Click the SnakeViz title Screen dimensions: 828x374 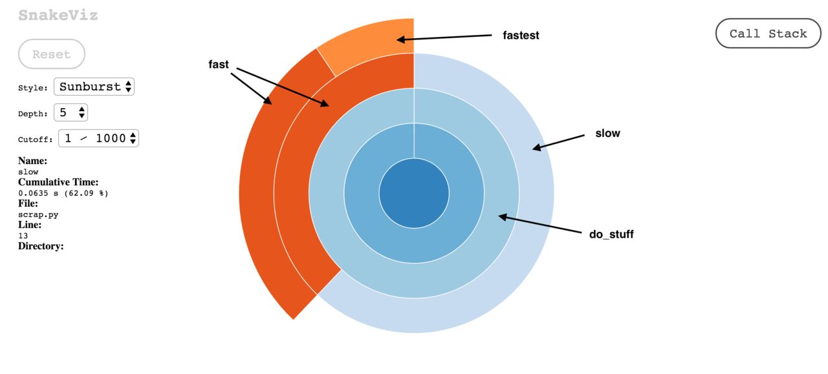pos(58,15)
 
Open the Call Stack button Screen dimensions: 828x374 pos(768,33)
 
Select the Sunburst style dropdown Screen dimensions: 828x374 pos(94,87)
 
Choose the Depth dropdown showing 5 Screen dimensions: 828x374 pos(71,112)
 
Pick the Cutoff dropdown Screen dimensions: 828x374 pos(98,138)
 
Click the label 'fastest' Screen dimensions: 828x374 pos(521,36)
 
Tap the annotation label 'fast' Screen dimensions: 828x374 pos(219,64)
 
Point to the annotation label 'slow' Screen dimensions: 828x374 pos(607,133)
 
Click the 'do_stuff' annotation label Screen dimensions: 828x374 pos(611,234)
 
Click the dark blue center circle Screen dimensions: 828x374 pos(414,193)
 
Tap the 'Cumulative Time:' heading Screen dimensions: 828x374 pos(58,182)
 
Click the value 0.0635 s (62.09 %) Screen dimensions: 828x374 pos(63,193)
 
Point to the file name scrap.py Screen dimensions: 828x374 pos(38,214)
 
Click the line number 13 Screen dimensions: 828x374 pos(23,236)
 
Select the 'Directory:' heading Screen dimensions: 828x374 pos(41,246)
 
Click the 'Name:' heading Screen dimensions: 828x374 pos(32,161)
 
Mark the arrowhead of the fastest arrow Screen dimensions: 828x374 pos(397,39)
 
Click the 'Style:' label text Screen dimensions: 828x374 pos(33,88)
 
